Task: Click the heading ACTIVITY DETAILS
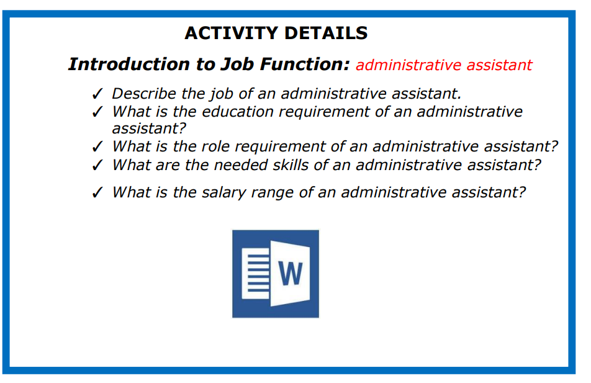pyautogui.click(x=276, y=33)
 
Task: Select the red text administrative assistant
pyautogui.click(x=444, y=65)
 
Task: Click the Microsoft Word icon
pyautogui.click(x=276, y=274)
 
